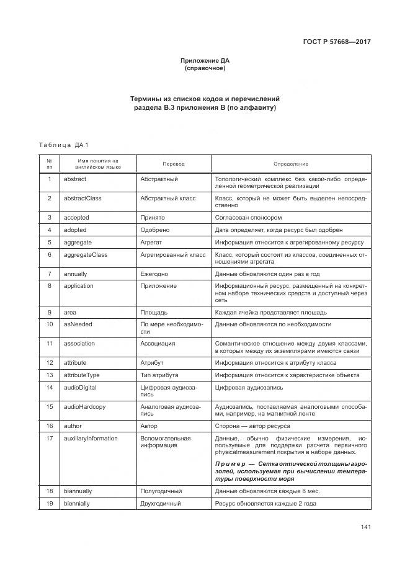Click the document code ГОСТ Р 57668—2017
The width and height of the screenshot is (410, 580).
pos(336,42)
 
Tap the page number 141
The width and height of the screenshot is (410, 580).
pos(365,527)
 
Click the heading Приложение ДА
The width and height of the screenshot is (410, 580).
pos(205,60)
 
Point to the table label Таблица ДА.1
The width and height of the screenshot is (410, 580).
pos(63,145)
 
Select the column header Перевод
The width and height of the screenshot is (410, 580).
pos(174,164)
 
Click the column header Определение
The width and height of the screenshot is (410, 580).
pos(291,164)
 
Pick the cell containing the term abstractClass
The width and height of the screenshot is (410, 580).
pos(82,199)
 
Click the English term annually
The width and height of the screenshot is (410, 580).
pos(76,274)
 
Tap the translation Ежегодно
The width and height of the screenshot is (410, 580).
pos(155,274)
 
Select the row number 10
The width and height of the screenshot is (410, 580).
pos(50,324)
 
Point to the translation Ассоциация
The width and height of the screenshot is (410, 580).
pos(158,343)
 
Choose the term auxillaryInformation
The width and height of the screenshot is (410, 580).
pos(91,439)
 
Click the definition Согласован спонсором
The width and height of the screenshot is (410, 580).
pos(248,218)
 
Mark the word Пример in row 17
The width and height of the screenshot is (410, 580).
pos(231,464)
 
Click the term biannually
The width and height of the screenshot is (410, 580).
pos(78,491)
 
